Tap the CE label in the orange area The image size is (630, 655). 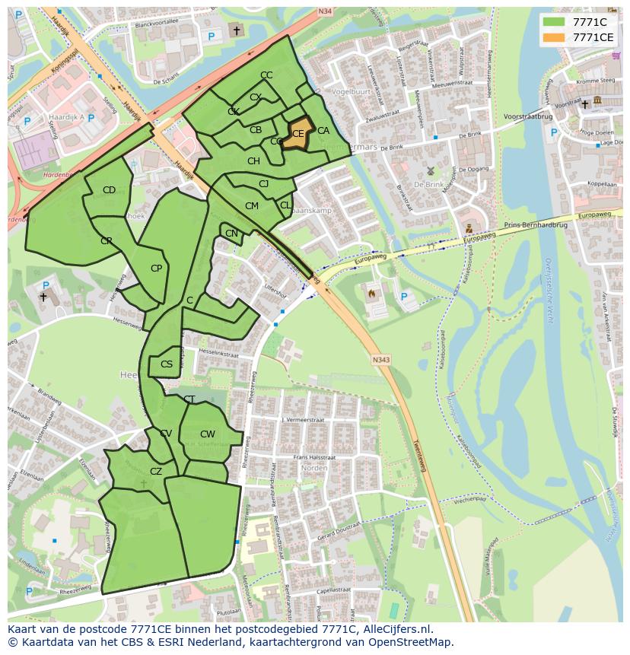coord(298,134)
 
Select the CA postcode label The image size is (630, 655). coord(323,131)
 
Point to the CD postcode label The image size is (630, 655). coord(109,190)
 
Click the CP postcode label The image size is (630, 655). coord(157,269)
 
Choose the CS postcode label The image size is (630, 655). coord(167,364)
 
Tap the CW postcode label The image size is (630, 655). coord(208,434)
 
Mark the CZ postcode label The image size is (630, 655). coord(156,472)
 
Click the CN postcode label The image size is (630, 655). coord(232,234)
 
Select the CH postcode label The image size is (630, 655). coord(253,161)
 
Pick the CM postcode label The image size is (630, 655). coord(252,206)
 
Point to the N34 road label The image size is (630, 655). coord(326,11)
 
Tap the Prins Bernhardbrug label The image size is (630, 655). coord(536,226)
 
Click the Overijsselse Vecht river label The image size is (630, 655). coord(548,289)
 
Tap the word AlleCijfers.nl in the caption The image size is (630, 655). coord(396,629)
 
